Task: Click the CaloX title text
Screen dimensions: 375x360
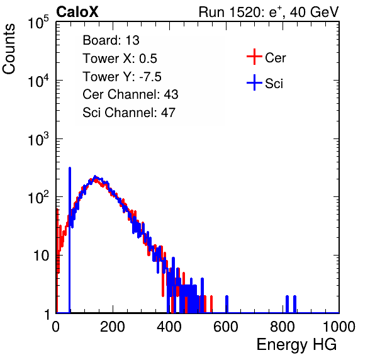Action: click(x=77, y=12)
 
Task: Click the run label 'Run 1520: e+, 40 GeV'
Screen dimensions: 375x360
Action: click(x=269, y=12)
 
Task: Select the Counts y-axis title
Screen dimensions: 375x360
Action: click(x=9, y=49)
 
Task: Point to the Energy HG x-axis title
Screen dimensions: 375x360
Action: click(x=296, y=345)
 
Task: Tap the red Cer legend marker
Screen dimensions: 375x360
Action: click(x=254, y=57)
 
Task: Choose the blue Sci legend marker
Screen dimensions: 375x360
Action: click(x=254, y=82)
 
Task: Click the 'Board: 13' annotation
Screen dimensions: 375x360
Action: click(x=111, y=40)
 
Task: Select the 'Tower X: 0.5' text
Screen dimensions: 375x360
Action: click(x=120, y=59)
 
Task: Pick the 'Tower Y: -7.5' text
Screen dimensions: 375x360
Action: click(x=122, y=77)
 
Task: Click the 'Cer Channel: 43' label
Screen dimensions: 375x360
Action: click(x=130, y=94)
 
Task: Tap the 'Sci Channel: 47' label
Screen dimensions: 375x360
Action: click(x=129, y=113)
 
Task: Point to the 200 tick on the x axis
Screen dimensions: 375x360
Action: click(x=113, y=327)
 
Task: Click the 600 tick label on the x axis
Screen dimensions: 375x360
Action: click(x=226, y=327)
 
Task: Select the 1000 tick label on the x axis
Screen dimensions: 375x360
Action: click(x=339, y=327)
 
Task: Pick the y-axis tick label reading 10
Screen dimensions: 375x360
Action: click(x=42, y=256)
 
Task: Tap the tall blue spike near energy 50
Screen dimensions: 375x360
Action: click(x=70, y=240)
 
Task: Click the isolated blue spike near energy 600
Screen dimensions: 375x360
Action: click(x=227, y=304)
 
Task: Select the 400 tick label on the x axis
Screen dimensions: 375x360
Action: click(x=169, y=327)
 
